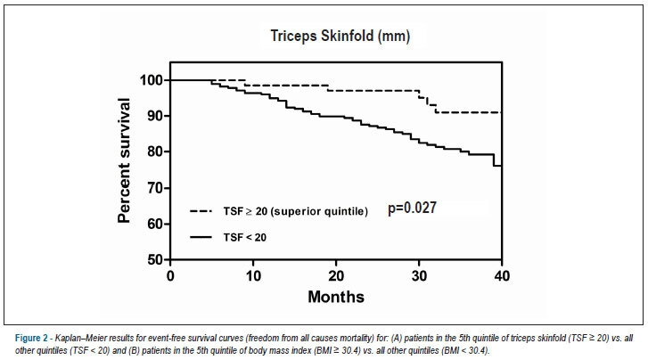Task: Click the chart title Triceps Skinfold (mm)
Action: coord(340,37)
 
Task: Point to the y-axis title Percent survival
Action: coord(124,160)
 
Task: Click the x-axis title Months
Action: coord(336,297)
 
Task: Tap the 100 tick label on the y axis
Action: coord(152,80)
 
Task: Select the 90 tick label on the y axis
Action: coord(156,116)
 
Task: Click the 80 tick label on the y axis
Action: coord(156,151)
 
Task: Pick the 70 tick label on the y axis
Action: coord(156,188)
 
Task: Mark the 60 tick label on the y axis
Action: coord(156,224)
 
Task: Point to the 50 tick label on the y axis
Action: coord(156,259)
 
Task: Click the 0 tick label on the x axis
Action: coord(170,275)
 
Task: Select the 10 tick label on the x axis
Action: coord(253,275)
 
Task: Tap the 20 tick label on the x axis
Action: coord(336,275)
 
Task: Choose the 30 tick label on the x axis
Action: coord(419,275)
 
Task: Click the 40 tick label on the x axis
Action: coord(502,275)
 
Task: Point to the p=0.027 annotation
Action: coord(412,208)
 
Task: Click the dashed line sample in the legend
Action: coord(201,211)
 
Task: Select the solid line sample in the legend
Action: coord(201,237)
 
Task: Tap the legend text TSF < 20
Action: coord(244,238)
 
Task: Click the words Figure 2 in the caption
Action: coord(31,338)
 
